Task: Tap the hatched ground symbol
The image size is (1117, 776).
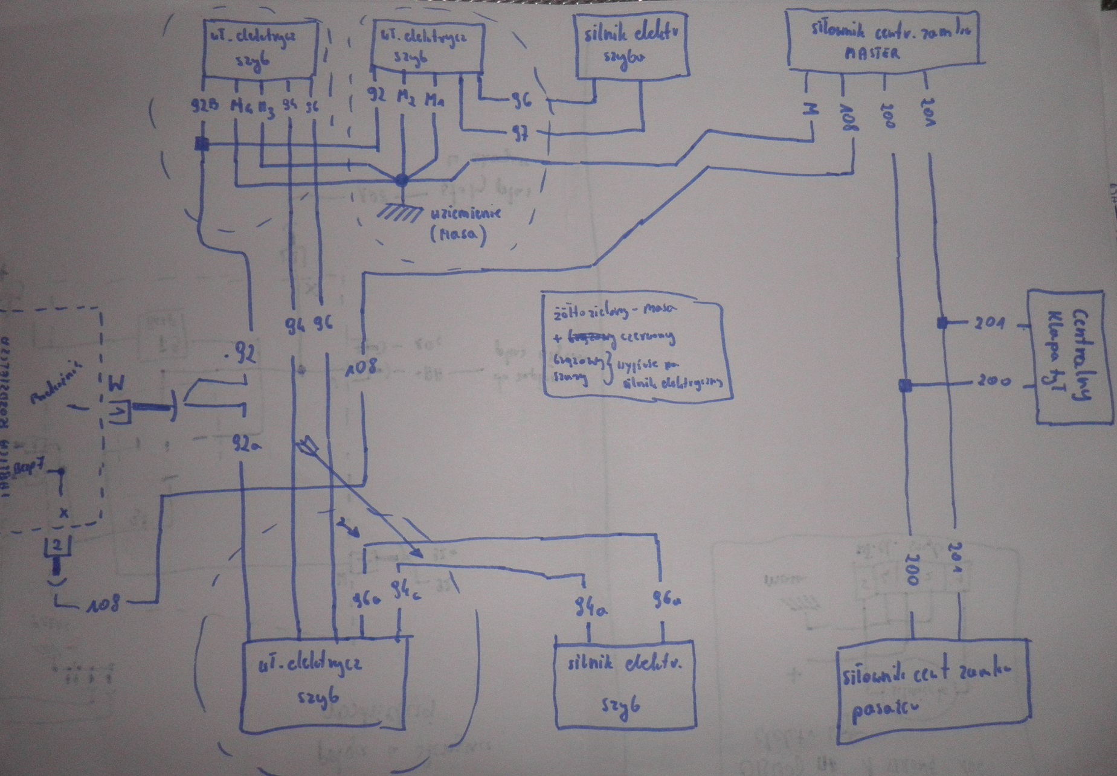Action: click(x=399, y=212)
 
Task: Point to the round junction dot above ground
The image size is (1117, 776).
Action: click(x=402, y=179)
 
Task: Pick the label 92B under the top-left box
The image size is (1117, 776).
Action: click(x=204, y=106)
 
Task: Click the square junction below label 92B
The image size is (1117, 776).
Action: click(x=202, y=144)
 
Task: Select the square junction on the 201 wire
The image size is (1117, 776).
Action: click(x=942, y=323)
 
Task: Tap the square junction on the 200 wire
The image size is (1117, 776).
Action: click(x=905, y=385)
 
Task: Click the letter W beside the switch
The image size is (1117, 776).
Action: click(x=117, y=383)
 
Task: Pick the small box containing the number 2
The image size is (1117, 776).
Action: click(x=57, y=547)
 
